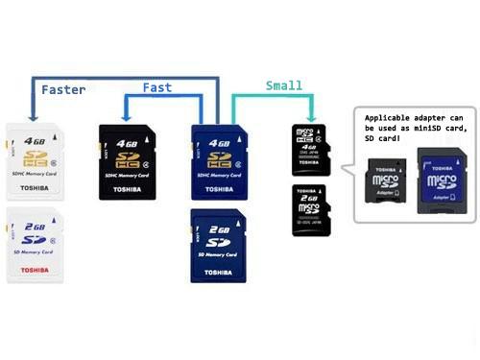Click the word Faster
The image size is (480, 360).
(63, 89)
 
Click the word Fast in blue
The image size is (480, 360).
(157, 86)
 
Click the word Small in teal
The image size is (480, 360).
(283, 85)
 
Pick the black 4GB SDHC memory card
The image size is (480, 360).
(128, 161)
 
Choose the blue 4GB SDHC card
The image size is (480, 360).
(219, 160)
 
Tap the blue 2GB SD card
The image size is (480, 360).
(219, 245)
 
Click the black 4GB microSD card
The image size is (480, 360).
(311, 149)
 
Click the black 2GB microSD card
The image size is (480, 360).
(311, 210)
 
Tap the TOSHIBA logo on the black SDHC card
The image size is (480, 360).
(128, 189)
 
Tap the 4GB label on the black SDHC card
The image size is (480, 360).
(127, 143)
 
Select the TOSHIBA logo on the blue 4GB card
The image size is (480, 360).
(220, 189)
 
